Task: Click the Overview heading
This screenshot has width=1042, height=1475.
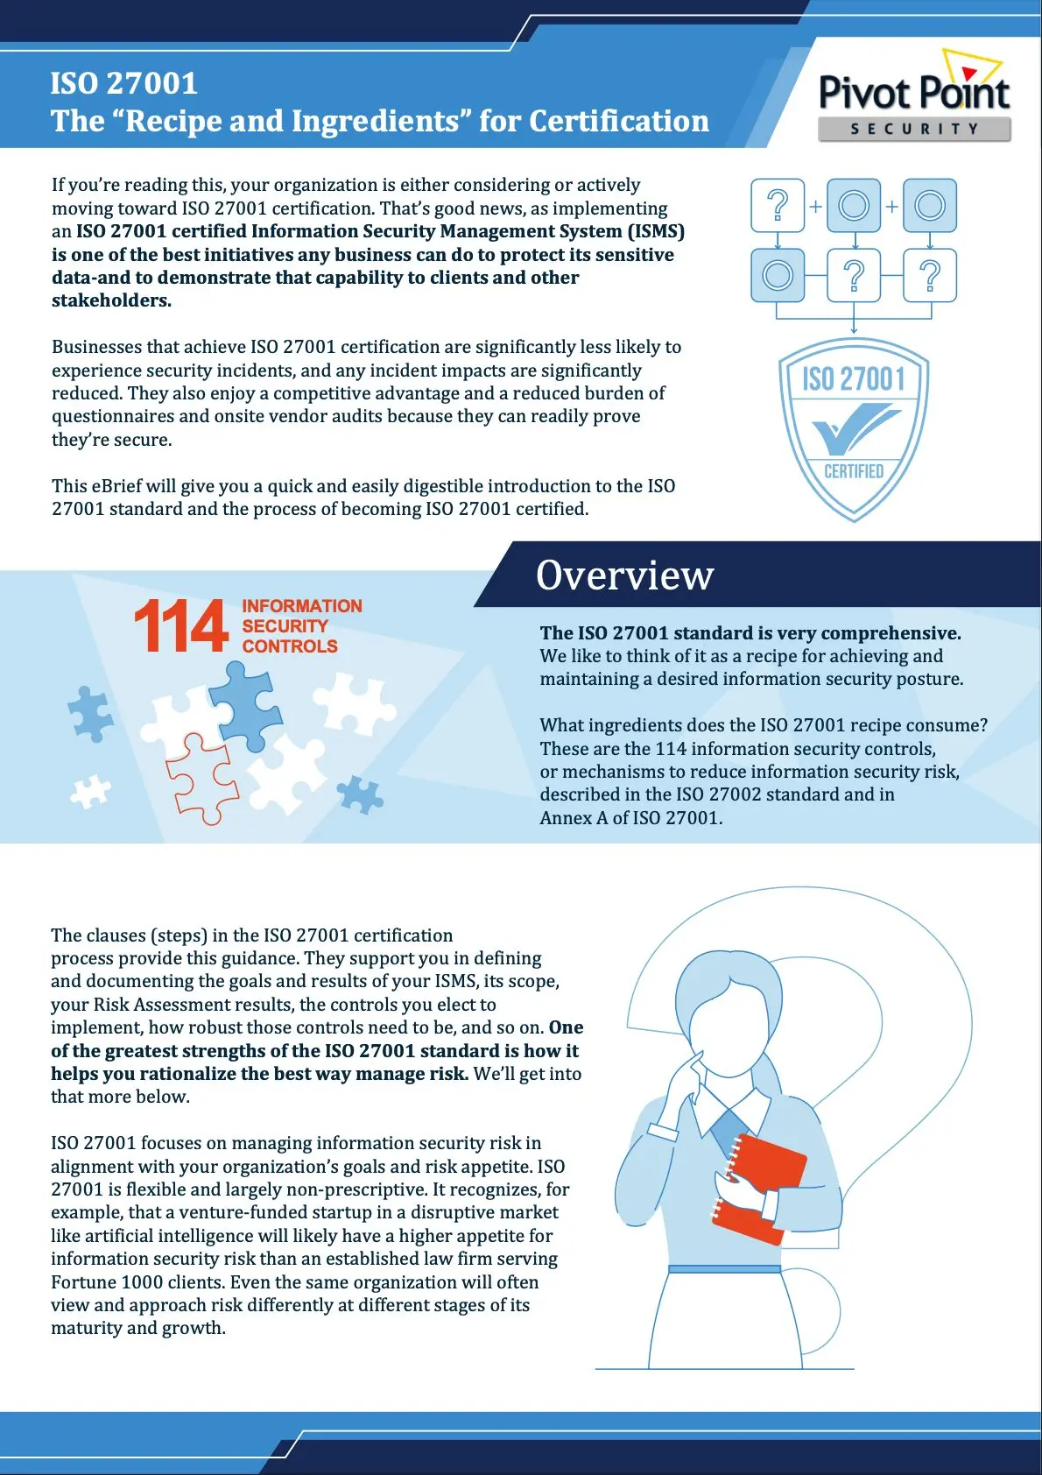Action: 624,575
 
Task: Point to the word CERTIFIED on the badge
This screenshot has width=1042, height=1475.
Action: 854,471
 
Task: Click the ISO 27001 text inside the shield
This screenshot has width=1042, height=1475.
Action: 854,379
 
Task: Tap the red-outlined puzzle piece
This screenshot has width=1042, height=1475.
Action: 201,779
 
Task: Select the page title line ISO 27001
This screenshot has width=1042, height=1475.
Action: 124,83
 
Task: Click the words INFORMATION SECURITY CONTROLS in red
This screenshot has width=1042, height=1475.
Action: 301,626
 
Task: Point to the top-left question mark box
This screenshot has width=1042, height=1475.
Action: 778,206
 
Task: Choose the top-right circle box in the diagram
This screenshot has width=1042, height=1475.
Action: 929,206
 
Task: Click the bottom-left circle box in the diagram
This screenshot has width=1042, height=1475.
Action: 778,275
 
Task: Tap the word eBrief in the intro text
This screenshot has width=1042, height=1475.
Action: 116,486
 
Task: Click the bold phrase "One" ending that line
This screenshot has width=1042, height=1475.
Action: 567,1027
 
